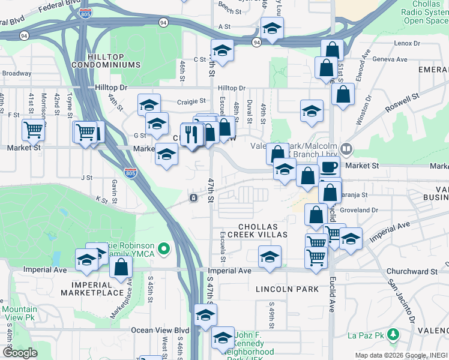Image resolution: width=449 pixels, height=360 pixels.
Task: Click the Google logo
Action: (x=20, y=353)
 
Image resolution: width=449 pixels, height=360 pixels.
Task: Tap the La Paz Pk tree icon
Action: (x=394, y=334)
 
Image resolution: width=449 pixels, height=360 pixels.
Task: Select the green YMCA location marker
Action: (x=164, y=247)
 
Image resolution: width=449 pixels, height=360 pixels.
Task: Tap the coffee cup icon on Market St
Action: (x=328, y=166)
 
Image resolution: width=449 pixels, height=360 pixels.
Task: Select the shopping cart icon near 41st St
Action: (x=33, y=129)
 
